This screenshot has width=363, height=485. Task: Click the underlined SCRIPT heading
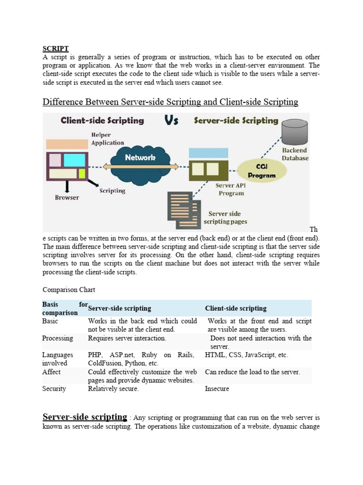click(x=56, y=49)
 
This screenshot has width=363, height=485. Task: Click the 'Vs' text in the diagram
click(x=172, y=121)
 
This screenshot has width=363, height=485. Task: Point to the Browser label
click(x=67, y=198)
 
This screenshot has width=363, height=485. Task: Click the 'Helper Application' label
click(x=108, y=139)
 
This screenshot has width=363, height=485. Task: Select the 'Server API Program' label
click(x=230, y=189)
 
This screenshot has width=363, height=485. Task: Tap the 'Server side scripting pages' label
click(x=225, y=217)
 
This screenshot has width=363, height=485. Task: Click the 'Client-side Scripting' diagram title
click(x=102, y=121)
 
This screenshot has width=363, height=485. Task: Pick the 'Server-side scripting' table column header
click(x=120, y=308)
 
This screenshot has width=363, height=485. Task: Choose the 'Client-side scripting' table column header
click(x=235, y=308)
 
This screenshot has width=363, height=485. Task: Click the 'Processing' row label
click(x=58, y=338)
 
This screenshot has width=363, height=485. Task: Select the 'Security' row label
click(x=54, y=389)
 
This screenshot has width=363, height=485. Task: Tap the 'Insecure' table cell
click(x=217, y=389)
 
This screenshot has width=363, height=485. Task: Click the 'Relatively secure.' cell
click(x=113, y=389)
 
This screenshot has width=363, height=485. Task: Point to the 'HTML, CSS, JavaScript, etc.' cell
click(x=246, y=355)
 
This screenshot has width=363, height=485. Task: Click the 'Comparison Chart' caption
click(x=69, y=289)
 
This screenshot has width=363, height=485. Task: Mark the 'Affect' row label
click(x=52, y=372)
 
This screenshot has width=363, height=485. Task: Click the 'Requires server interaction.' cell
click(x=127, y=338)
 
